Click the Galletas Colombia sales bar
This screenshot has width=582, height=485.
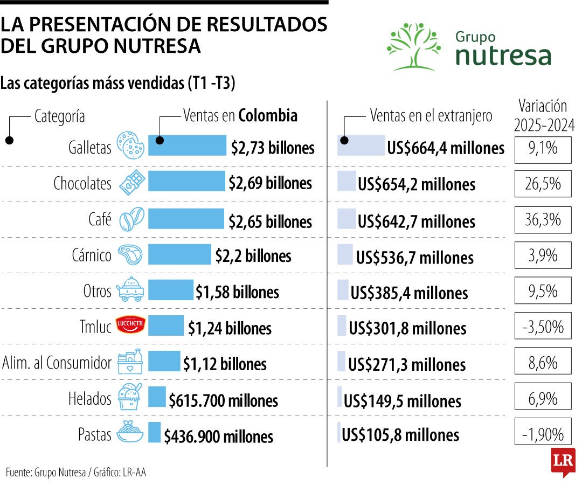(x=187, y=145)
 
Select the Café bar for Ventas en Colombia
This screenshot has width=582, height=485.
(x=186, y=219)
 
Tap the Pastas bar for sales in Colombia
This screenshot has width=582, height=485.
(x=154, y=432)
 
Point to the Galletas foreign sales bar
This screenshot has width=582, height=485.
(x=361, y=145)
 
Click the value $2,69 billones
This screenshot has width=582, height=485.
(x=270, y=183)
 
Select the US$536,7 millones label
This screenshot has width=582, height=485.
(x=414, y=257)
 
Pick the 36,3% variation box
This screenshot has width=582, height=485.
(x=543, y=219)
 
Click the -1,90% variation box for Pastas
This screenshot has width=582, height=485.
(x=543, y=434)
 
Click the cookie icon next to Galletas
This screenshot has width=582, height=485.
(x=131, y=144)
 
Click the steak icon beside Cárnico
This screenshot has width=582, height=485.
(x=130, y=255)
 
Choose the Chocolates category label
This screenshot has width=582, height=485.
(x=82, y=184)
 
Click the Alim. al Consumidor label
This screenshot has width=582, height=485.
(x=57, y=363)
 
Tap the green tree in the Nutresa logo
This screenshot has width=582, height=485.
(x=413, y=46)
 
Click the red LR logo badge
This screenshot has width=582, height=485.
(x=563, y=461)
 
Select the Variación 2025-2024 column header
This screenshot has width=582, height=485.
(x=543, y=115)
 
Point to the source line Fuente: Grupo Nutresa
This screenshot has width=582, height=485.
(x=76, y=473)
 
